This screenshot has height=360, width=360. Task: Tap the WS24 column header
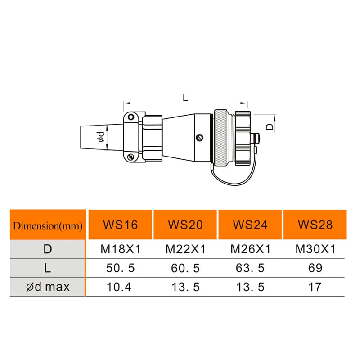(x=250, y=225)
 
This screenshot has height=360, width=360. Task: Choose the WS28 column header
(x=315, y=225)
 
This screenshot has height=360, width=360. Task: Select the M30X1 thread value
(x=315, y=249)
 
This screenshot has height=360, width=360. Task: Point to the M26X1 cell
(x=250, y=249)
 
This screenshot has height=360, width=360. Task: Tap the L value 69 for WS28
(x=315, y=268)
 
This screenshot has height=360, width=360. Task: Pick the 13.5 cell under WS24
(x=250, y=286)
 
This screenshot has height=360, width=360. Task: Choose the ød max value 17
(x=315, y=286)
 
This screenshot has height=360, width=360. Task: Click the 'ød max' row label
(x=48, y=286)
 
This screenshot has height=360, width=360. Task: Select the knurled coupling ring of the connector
(x=221, y=137)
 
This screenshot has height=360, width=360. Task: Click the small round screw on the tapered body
(x=200, y=138)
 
